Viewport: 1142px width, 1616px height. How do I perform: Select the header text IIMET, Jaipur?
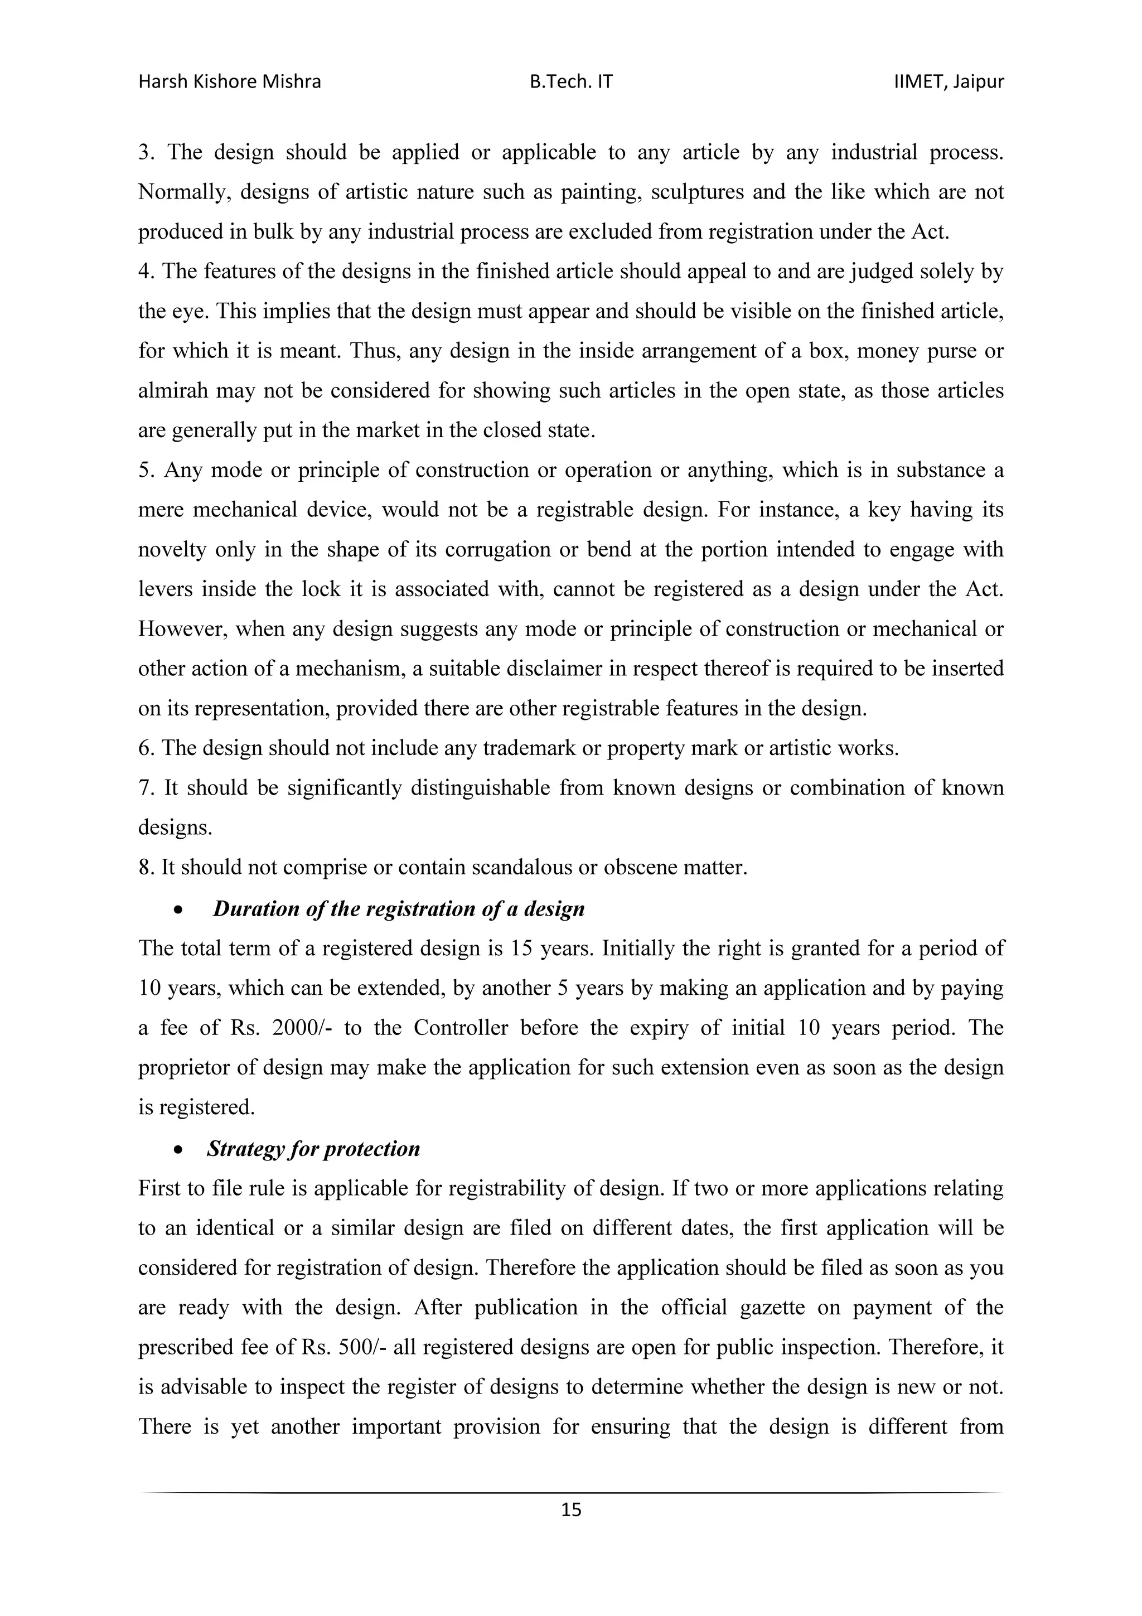pyautogui.click(x=949, y=83)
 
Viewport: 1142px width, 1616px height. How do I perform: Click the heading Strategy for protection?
pyautogui.click(x=313, y=1149)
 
